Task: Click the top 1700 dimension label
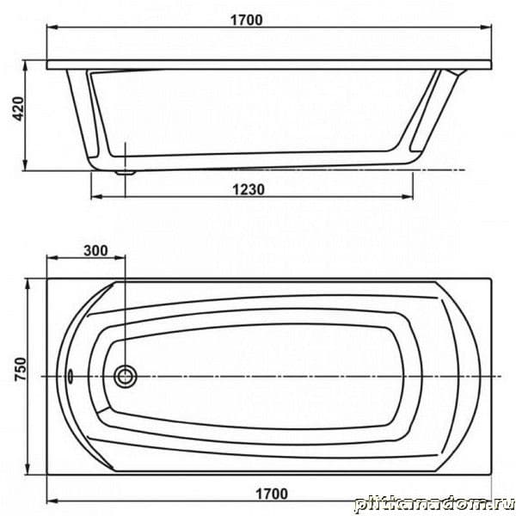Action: tap(247, 21)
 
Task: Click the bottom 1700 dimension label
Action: tap(272, 494)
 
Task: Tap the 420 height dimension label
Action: tap(18, 108)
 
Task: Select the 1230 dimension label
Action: tap(249, 189)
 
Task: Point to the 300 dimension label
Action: tap(95, 251)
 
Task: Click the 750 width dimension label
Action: tap(20, 369)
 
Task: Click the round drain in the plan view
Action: tap(125, 376)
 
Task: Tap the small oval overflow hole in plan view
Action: tap(71, 376)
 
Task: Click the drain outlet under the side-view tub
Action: tap(125, 172)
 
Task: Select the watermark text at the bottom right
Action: tap(434, 503)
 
